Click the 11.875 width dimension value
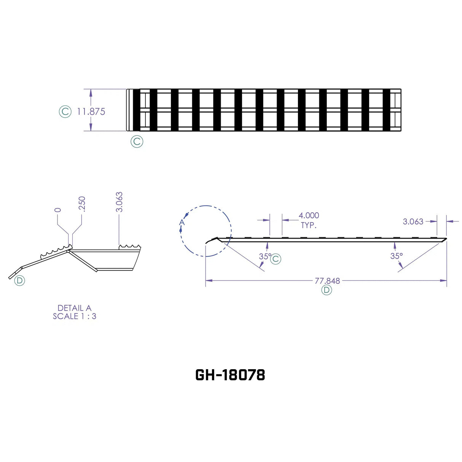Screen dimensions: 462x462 91,112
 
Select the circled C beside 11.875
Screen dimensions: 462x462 65,112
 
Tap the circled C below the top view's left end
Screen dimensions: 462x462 137,142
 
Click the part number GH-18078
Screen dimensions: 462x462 230,375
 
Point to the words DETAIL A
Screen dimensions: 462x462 75,308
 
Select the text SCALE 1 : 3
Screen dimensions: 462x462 75,316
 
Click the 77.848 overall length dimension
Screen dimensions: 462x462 327,281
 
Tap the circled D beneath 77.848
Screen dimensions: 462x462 327,290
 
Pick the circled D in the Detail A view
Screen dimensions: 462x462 19,281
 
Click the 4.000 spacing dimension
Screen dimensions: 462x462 309,216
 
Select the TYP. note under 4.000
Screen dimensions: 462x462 309,225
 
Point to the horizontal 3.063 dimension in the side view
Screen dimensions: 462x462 413,221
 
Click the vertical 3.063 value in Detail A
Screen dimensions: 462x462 119,202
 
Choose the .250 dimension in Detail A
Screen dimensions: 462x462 82,204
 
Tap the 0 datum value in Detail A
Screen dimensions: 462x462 58,210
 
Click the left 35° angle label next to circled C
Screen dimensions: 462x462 265,256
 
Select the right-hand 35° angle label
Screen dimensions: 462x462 396,256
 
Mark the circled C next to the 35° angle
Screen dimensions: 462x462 276,259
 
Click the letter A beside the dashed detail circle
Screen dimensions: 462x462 182,222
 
